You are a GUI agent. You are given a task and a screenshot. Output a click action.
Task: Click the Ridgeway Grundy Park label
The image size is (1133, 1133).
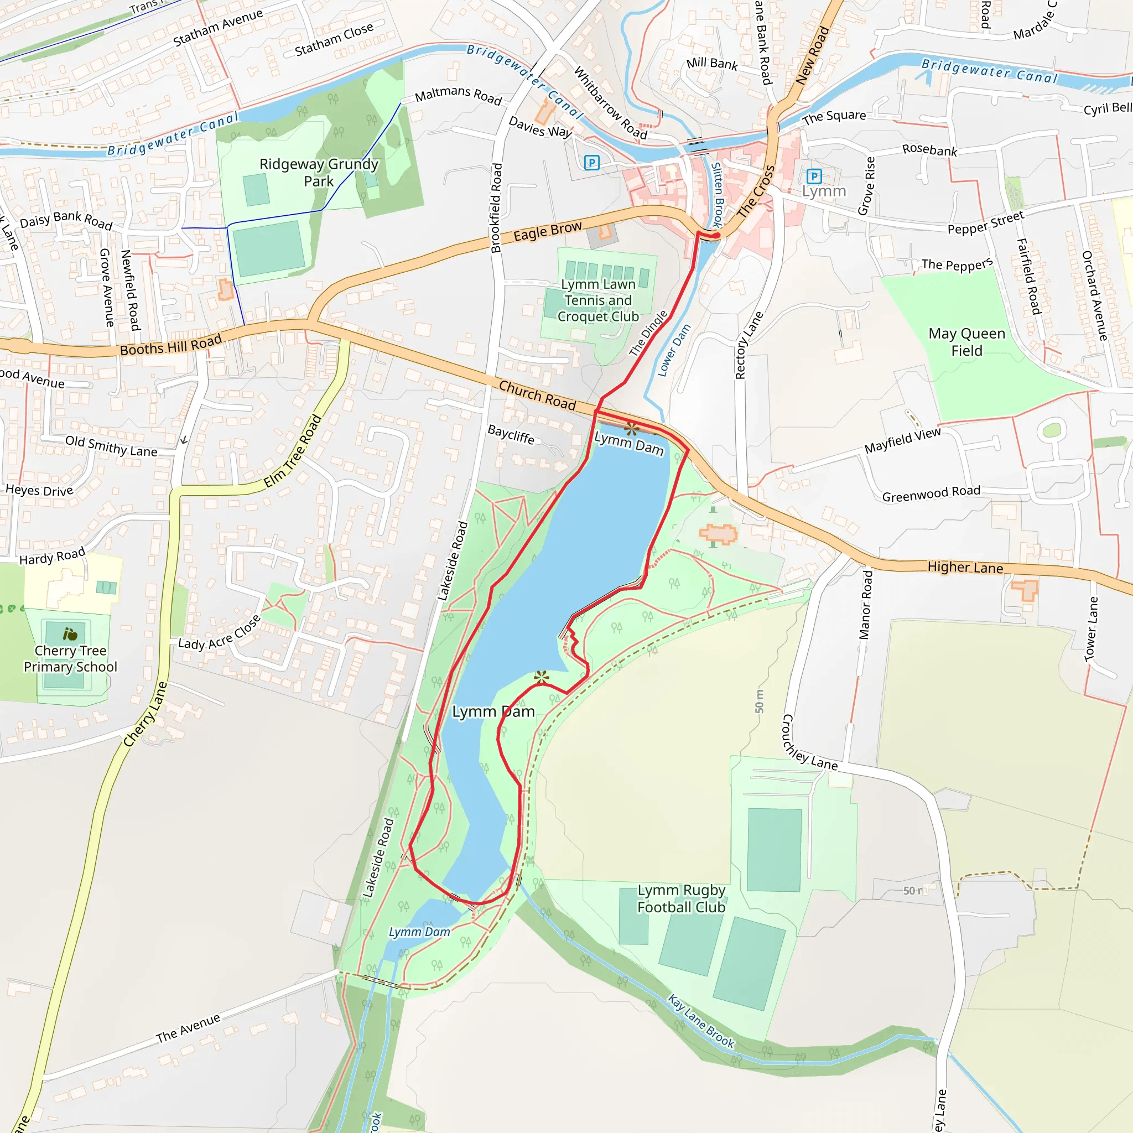(x=319, y=173)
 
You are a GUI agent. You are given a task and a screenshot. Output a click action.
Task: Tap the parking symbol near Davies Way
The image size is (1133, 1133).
(x=592, y=163)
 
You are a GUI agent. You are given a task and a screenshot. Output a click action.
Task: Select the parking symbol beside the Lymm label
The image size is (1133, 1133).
(x=814, y=176)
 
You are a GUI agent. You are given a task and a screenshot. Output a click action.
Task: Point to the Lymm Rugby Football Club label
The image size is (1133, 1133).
(x=681, y=898)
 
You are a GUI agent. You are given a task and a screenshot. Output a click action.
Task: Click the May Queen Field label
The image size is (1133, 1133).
(x=966, y=342)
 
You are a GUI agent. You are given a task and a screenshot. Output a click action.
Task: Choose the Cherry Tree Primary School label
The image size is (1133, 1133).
(x=70, y=658)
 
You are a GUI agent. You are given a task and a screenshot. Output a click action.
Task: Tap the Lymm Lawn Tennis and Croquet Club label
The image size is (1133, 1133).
(x=597, y=300)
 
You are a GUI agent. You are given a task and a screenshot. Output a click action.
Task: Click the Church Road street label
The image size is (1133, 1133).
(x=537, y=395)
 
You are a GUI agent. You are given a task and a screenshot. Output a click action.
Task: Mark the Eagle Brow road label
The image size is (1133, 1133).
(x=547, y=231)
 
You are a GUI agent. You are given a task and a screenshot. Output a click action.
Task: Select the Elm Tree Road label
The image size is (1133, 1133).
(x=293, y=451)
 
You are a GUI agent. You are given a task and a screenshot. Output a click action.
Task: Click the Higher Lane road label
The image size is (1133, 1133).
(x=965, y=567)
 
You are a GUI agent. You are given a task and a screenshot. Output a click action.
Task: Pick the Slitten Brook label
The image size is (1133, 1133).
(x=717, y=195)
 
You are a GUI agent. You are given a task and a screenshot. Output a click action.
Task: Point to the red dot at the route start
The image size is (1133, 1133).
(x=716, y=236)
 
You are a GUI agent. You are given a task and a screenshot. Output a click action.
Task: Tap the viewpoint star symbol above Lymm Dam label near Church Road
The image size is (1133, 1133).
(x=632, y=428)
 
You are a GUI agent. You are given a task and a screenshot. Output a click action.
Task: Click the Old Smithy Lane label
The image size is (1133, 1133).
(x=111, y=446)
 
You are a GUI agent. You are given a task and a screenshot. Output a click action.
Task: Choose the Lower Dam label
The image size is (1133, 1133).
(x=674, y=350)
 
